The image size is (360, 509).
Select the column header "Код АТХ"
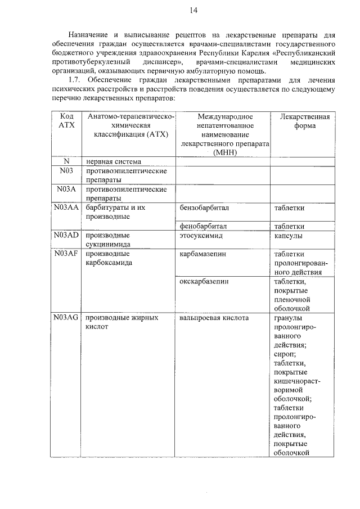[x=66, y=120]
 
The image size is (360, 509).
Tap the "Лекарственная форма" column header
[x=304, y=120]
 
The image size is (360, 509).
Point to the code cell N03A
[x=66, y=190]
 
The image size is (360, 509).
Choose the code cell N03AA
[x=66, y=208]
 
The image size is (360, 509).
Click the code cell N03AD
[x=66, y=235]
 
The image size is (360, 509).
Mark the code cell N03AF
[x=66, y=253]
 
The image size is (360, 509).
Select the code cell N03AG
[x=66, y=317]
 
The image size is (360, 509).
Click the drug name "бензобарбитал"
[x=204, y=208]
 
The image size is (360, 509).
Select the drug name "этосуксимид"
[x=202, y=235]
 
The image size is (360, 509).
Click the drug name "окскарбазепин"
[x=204, y=281]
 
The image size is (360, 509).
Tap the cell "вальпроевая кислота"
[x=214, y=317]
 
